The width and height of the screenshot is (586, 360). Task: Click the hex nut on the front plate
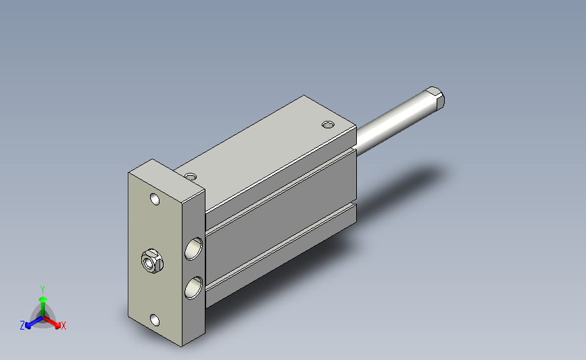pyautogui.click(x=152, y=261)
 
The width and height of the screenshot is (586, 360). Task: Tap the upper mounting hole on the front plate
pyautogui.click(x=155, y=199)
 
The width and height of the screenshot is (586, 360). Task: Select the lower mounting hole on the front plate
pyautogui.click(x=155, y=320)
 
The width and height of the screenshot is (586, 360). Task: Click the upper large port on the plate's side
pyautogui.click(x=193, y=249)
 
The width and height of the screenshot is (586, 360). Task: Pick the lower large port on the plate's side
pyautogui.click(x=193, y=288)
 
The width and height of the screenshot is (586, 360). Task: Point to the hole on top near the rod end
pyautogui.click(x=328, y=124)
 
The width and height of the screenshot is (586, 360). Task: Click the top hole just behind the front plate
pyautogui.click(x=191, y=176)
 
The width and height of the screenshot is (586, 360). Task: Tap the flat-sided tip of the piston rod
pyautogui.click(x=435, y=97)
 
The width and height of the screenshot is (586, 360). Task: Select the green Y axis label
pyautogui.click(x=43, y=290)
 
